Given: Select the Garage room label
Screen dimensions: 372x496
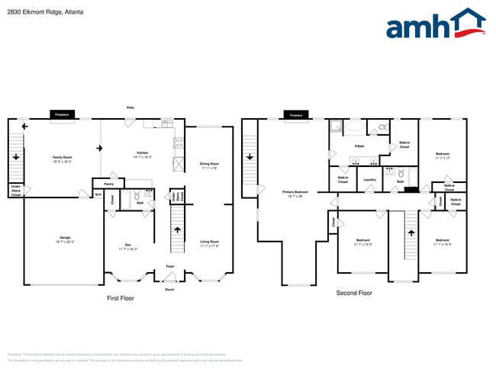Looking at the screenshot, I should point(65,239).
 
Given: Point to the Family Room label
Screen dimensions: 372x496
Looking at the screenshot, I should point(61,159).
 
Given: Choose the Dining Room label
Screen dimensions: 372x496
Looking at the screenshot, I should point(209,165).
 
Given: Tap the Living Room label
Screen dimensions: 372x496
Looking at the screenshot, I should point(209,243).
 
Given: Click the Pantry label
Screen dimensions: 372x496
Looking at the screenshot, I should point(108,184).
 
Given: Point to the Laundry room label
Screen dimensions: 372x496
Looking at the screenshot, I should point(369,180).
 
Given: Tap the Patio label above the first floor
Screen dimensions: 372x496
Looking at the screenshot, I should point(130,107).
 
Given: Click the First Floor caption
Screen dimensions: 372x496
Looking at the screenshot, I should point(120,298).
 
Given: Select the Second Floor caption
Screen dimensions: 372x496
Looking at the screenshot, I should point(354,293).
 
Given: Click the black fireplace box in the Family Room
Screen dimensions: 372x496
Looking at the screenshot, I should point(61,115).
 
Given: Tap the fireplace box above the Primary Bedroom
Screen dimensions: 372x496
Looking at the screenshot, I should point(295,116).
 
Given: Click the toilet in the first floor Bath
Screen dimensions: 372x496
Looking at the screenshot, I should point(137,195).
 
